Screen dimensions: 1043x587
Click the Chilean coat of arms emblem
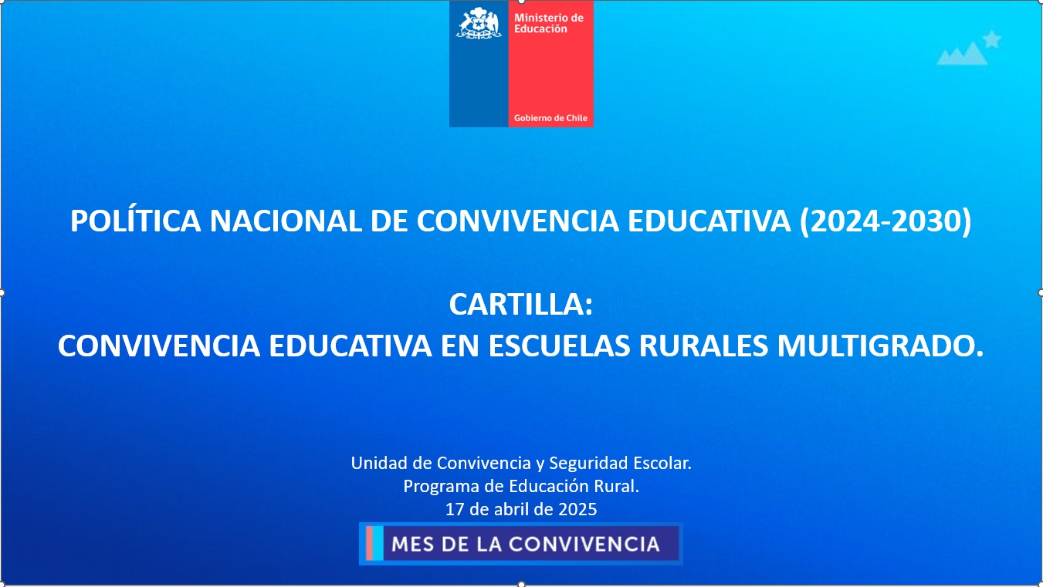[479, 23]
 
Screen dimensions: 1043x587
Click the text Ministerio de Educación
[548, 23]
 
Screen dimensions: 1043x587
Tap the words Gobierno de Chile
[550, 118]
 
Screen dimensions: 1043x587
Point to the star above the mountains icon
[992, 39]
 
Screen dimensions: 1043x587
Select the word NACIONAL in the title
[286, 221]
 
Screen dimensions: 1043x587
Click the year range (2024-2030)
[886, 221]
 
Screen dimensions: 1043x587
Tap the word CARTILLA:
[521, 305]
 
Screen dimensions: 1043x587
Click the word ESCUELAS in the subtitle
[559, 346]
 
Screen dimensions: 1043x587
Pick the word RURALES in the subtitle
[703, 346]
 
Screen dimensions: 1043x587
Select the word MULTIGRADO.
[881, 346]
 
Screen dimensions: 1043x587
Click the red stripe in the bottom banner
[369, 543]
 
